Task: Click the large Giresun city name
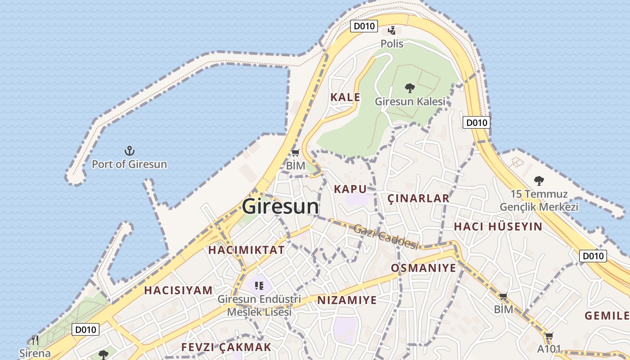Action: pos(280,207)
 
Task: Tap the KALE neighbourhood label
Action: pos(345,97)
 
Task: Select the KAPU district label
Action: pos(350,189)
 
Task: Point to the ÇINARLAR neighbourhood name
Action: pos(418,198)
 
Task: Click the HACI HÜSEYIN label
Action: pos(498,226)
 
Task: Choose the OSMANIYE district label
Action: pos(423,268)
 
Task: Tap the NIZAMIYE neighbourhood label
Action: pos(347,300)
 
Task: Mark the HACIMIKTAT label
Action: pos(247,250)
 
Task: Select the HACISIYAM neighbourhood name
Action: pos(178,291)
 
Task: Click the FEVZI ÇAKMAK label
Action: pos(226,347)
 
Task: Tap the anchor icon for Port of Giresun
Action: pos(130,151)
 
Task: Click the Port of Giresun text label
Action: pos(129,164)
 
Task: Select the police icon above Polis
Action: pos(392,31)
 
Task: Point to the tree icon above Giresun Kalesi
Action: pos(409,88)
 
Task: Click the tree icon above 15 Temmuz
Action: pos(539,181)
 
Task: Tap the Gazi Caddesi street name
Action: pos(386,237)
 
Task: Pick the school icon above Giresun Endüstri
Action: pos(259,285)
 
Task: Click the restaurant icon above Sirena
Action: pos(35,340)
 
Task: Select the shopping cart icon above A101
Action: pos(549,336)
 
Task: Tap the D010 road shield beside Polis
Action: pos(364,26)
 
